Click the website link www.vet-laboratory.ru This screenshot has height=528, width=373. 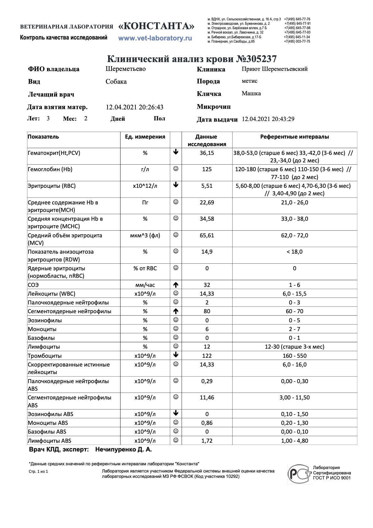[x=155, y=38]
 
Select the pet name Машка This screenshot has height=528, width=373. [x=251, y=93]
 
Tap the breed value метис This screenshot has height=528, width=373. [x=250, y=81]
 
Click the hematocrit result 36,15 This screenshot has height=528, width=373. [x=207, y=153]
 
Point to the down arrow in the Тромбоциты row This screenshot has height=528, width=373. [x=176, y=355]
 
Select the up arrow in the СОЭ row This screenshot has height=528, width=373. [x=176, y=285]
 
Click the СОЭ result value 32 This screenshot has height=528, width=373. [x=207, y=285]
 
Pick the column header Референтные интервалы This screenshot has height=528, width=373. [x=294, y=137]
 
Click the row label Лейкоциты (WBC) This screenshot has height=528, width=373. [x=52, y=294]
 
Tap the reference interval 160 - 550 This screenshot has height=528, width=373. [x=294, y=356]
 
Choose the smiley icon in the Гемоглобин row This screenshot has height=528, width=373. [x=176, y=169]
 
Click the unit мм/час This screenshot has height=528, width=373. [x=145, y=285]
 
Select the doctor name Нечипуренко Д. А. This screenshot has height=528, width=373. [x=123, y=449]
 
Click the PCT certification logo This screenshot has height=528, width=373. [x=300, y=473]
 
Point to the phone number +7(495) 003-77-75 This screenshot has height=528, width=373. [x=297, y=41]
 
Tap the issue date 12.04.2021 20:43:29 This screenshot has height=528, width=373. [x=268, y=119]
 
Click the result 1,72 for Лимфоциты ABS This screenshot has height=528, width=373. [x=207, y=441]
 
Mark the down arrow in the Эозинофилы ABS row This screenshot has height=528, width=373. [x=176, y=413]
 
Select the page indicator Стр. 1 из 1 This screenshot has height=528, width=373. [x=38, y=471]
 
